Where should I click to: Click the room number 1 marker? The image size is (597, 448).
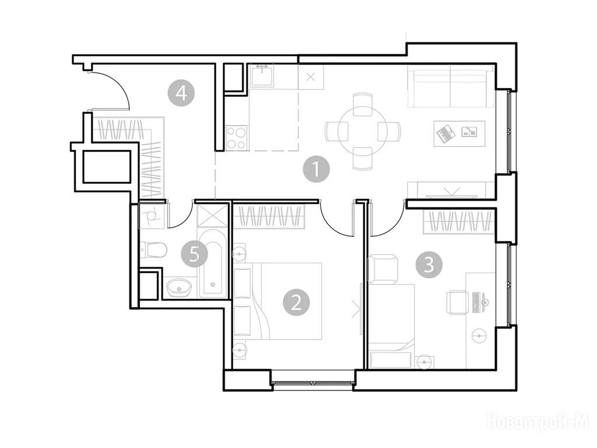point(317,169)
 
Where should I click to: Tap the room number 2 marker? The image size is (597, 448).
point(296,303)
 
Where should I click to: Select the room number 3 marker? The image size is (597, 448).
point(429,264)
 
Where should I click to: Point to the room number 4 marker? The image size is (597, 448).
point(181,93)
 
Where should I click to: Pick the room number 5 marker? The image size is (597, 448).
point(194,254)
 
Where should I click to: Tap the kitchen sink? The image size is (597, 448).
point(262,75)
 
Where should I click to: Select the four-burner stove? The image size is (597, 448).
point(237,138)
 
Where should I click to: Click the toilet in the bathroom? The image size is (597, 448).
point(153,250)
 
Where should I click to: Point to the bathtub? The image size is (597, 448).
point(212,263)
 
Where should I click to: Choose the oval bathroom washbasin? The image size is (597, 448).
point(178,287)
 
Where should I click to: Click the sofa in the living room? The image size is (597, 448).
point(451,86)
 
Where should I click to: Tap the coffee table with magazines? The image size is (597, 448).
point(459,133)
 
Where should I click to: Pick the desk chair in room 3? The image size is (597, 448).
point(457,303)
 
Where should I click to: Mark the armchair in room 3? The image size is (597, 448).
point(382,269)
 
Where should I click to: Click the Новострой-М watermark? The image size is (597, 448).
point(538,422)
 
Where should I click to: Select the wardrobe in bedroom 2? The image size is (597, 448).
point(269,217)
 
